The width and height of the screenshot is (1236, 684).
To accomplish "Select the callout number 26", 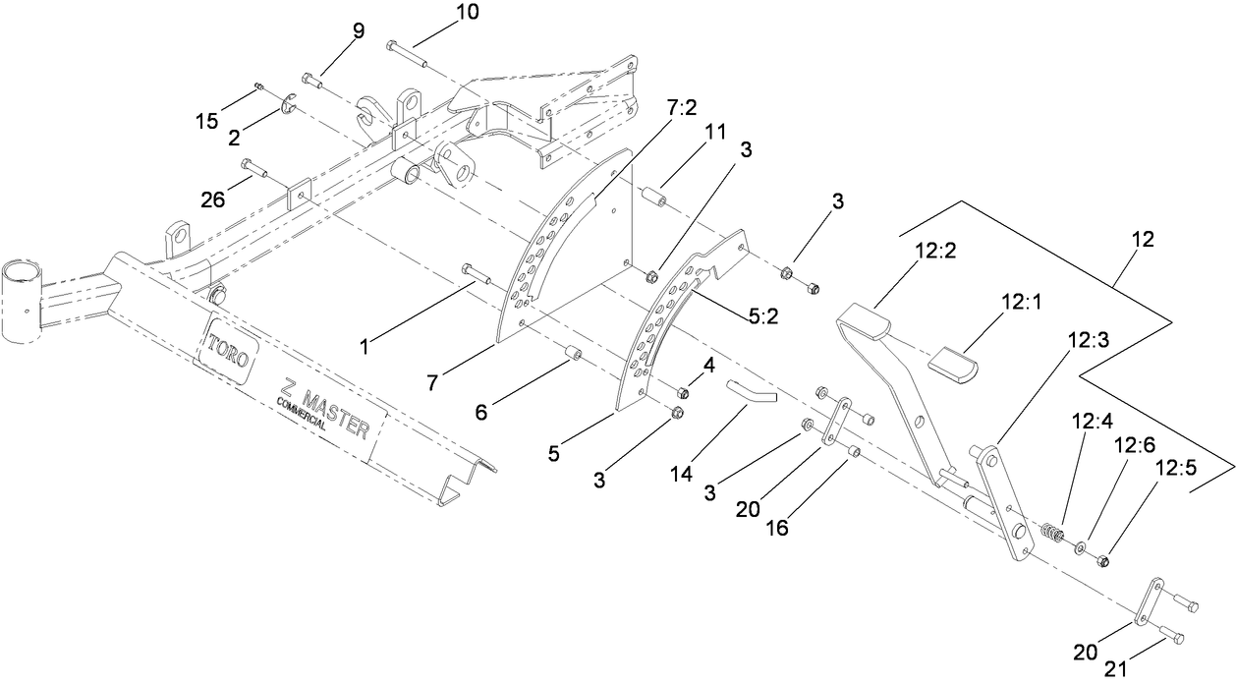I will tap(212, 199).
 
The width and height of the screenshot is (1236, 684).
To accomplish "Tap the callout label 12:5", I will tap(1175, 468).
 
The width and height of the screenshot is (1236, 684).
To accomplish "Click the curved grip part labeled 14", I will tap(753, 391).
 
